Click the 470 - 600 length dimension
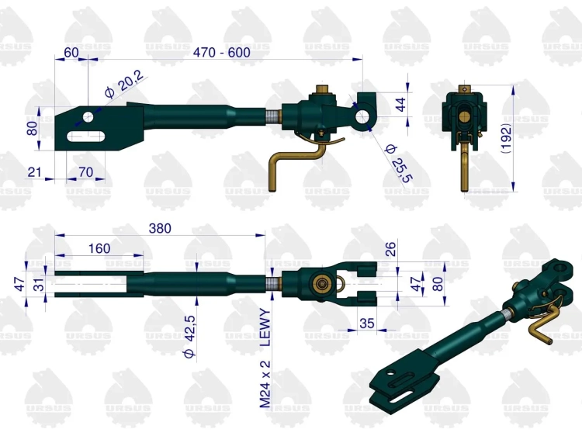point(222,52)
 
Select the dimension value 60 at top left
point(71,52)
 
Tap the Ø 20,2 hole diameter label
point(123,84)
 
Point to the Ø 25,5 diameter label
point(399,163)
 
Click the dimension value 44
point(401,104)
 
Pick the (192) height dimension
point(506,138)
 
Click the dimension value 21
point(34,172)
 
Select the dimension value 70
point(85,172)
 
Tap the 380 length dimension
point(160,228)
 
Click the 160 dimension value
point(99,248)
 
